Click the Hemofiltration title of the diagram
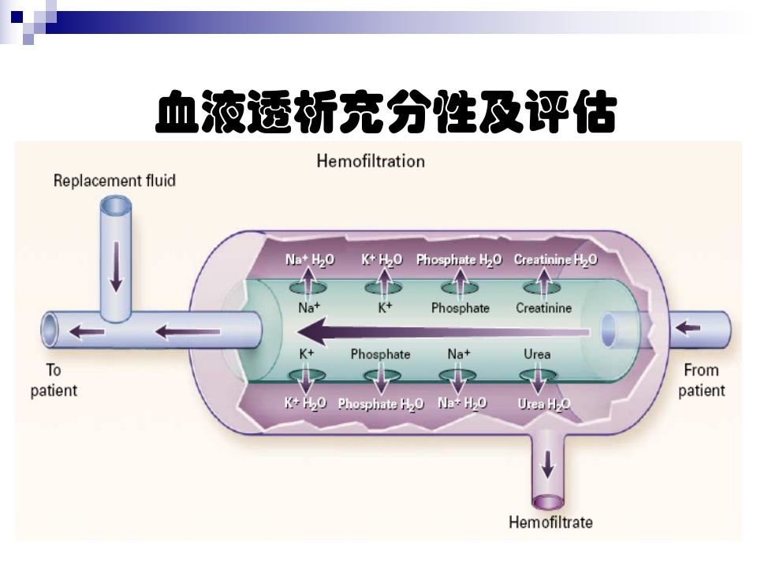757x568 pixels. point(371,161)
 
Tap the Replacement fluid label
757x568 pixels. point(114,181)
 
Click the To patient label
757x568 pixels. point(54,379)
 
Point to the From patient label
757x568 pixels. point(701,379)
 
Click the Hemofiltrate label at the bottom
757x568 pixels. point(550,522)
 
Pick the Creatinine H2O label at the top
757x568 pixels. point(555,260)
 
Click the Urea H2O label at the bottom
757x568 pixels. point(544,404)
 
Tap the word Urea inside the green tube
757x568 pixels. point(537,354)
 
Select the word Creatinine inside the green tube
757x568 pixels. point(543,308)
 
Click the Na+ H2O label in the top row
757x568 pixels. point(309,260)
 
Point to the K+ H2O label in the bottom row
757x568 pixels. point(305,403)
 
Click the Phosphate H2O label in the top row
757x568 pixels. point(459,260)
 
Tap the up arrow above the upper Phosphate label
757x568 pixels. point(461,280)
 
